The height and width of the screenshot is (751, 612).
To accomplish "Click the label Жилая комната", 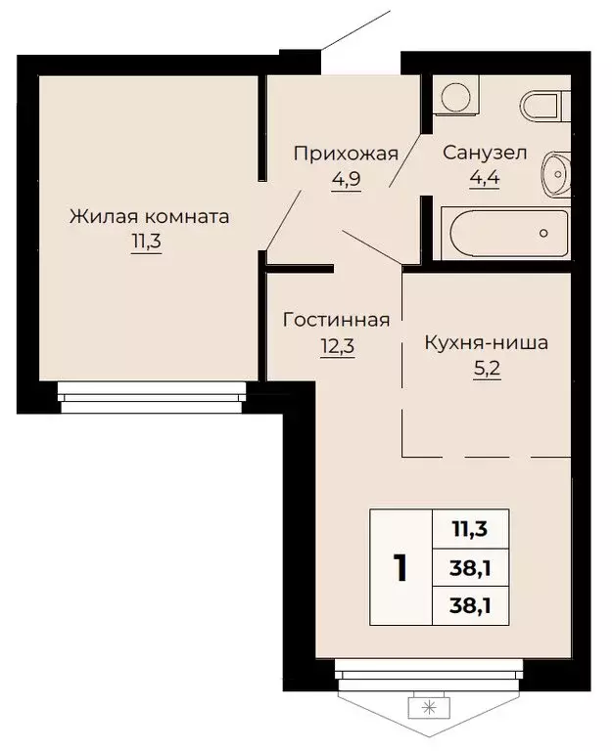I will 149,216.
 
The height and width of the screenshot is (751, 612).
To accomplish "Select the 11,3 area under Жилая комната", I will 147,242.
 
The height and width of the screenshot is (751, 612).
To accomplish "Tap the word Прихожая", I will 347,153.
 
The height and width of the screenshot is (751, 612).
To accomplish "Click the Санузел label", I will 485,153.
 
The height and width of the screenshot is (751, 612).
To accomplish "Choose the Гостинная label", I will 337,320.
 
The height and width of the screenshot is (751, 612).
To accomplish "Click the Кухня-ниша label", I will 486,343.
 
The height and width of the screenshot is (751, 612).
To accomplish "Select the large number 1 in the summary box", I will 400,567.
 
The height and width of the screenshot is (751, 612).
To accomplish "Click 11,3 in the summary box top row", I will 471,531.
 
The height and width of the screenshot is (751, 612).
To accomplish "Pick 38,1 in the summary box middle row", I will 471,567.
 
